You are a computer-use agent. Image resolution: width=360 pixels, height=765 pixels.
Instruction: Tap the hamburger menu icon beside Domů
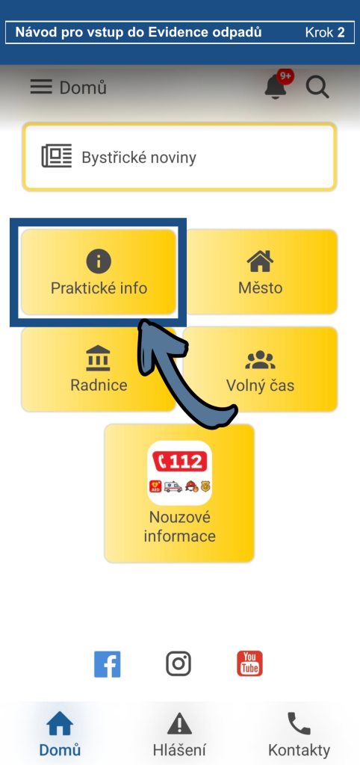[x=41, y=87]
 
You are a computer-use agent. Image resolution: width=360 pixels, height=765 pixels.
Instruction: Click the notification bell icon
[x=275, y=88]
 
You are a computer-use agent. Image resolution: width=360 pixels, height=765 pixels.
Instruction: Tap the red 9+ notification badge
[x=285, y=77]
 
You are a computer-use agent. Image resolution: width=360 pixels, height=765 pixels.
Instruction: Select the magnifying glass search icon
[x=317, y=88]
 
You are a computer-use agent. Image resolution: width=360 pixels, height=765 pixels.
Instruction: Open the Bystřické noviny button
[x=179, y=157]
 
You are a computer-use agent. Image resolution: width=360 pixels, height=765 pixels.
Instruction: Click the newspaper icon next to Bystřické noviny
[x=57, y=157]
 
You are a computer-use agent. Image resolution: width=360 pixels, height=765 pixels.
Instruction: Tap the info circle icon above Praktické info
[x=99, y=261]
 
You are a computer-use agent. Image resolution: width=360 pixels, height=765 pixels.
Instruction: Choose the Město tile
[x=261, y=272]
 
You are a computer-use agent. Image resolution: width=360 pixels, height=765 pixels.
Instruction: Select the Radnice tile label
[x=99, y=385]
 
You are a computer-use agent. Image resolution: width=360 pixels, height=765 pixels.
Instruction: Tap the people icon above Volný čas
[x=260, y=359]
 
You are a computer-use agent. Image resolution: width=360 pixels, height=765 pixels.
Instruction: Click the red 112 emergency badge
[x=180, y=461]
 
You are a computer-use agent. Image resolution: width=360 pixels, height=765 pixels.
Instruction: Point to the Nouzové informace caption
[x=179, y=527]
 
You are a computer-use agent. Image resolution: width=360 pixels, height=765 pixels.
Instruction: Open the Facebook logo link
[x=108, y=664]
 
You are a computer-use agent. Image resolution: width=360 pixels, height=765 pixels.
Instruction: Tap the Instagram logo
[x=178, y=664]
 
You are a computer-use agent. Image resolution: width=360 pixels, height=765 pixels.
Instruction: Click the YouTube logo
[x=249, y=663]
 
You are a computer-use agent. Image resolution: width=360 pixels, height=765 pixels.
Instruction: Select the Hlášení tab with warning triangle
[x=179, y=734]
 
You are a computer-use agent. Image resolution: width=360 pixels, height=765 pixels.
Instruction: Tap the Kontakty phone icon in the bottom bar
[x=299, y=723]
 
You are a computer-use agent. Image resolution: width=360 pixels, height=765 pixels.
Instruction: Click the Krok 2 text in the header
[x=325, y=33]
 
